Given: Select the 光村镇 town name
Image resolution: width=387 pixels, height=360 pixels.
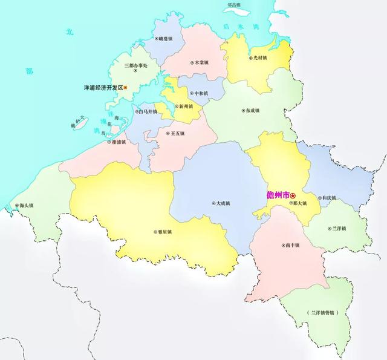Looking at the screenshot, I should [x=258, y=58].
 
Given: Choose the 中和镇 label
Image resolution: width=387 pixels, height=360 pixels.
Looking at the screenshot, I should [x=200, y=94].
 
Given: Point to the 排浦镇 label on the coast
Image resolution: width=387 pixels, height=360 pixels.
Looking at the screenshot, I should [x=117, y=143].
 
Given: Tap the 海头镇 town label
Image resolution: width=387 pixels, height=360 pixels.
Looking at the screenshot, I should [x=25, y=206].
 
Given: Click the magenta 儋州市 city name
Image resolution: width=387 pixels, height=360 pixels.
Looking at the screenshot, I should [x=278, y=195].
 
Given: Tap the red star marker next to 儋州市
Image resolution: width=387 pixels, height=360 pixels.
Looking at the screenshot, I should [x=293, y=195].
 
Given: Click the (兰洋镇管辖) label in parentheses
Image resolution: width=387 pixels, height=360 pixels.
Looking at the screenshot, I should [x=322, y=313].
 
